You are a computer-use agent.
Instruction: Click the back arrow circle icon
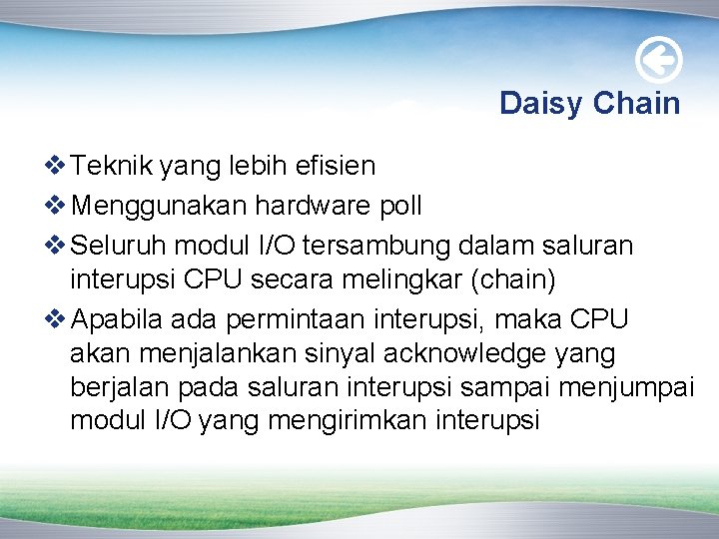tap(659, 61)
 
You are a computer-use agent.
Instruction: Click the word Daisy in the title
tap(541, 103)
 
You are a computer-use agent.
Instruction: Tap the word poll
tap(401, 206)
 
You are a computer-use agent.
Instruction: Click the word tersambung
tap(384, 245)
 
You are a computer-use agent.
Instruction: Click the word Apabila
tap(118, 319)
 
